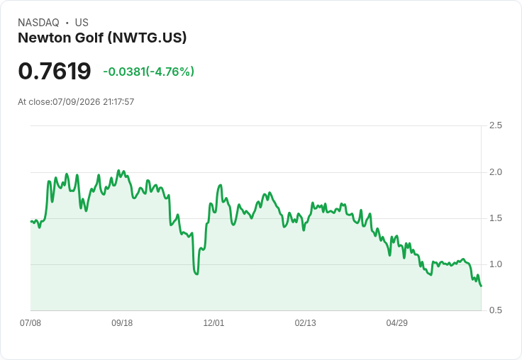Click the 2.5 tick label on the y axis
(495, 125)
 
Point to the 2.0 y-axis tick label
(495, 172)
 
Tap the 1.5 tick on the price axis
(495, 218)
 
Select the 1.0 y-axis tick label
(495, 264)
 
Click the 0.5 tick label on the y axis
(495, 310)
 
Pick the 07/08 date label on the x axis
(30, 323)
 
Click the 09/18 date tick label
(122, 323)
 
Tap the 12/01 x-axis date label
(213, 323)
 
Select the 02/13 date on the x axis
(305, 323)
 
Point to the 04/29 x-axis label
(397, 323)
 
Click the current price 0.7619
(55, 71)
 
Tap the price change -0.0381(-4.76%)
(148, 72)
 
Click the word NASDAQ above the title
(38, 23)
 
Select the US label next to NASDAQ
(82, 23)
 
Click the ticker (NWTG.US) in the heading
(147, 38)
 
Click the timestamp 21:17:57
(118, 102)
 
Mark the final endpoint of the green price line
(481, 286)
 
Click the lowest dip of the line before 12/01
(196, 274)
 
